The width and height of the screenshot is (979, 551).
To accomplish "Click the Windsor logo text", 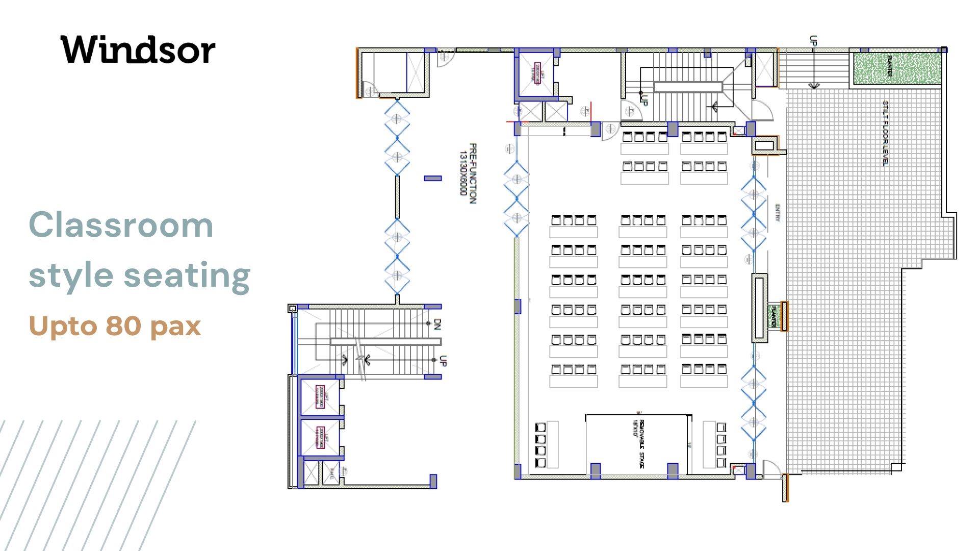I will pyautogui.click(x=138, y=50).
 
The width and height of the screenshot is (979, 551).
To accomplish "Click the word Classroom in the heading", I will pyautogui.click(x=121, y=225).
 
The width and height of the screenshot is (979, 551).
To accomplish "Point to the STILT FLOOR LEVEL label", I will pyautogui.click(x=886, y=133).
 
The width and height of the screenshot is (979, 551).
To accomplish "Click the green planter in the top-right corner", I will pyautogui.click(x=897, y=68).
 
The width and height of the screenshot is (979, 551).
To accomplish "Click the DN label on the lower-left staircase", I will pyautogui.click(x=437, y=324).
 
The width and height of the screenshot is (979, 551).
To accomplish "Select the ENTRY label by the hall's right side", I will pyautogui.click(x=777, y=213).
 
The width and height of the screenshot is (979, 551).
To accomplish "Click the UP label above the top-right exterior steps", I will pyautogui.click(x=813, y=41).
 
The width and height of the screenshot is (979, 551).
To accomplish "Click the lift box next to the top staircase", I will pyautogui.click(x=536, y=73).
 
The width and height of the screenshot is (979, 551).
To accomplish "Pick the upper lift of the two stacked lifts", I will pyautogui.click(x=320, y=397).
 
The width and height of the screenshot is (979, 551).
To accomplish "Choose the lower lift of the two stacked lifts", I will pyautogui.click(x=320, y=437).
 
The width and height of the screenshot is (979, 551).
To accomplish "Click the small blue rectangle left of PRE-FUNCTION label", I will pyautogui.click(x=433, y=178).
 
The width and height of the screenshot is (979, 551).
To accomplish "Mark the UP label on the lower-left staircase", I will pyautogui.click(x=443, y=361).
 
